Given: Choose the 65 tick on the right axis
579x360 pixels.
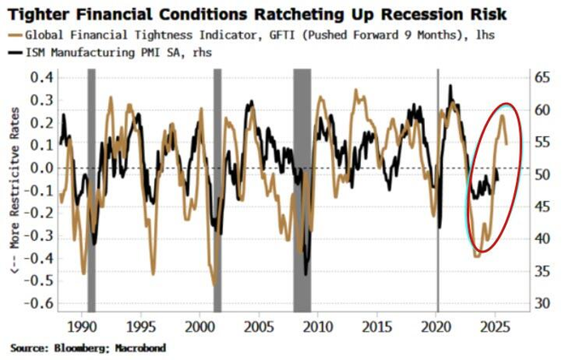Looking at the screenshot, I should [x=543, y=77].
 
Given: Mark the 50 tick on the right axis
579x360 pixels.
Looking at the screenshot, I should [x=543, y=174].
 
